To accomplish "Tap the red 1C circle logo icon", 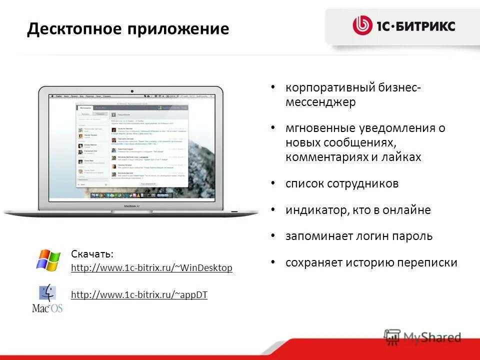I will [x=362, y=25].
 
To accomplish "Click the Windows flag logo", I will [x=48, y=260].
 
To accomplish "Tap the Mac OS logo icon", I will [x=47, y=298].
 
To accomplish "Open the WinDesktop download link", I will [x=151, y=268].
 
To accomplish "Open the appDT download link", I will [x=139, y=295].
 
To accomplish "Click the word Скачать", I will [x=92, y=254].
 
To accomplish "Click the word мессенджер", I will [x=320, y=102].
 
